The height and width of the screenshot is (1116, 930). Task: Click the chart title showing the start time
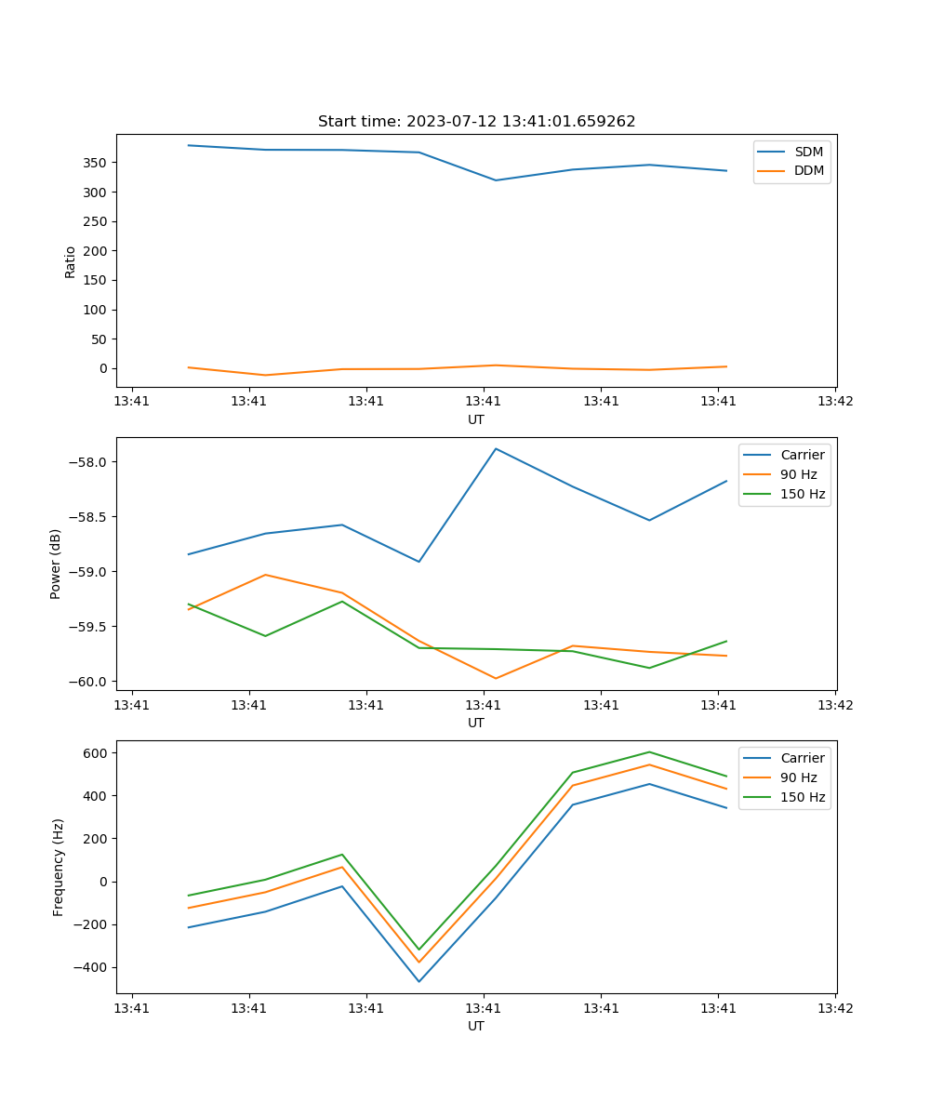[x=476, y=122]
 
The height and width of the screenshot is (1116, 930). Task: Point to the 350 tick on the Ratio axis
[x=96, y=163]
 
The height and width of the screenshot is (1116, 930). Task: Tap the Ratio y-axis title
[x=71, y=261]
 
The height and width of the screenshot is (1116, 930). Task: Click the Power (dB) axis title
[x=56, y=564]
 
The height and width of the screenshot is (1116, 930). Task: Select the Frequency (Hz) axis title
[x=59, y=867]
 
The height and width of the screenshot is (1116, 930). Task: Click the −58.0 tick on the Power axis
[x=90, y=462]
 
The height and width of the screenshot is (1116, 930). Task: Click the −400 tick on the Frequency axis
[x=93, y=967]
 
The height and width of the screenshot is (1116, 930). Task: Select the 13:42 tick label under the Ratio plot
[x=835, y=402]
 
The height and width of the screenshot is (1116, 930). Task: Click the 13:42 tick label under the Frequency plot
[x=835, y=1008]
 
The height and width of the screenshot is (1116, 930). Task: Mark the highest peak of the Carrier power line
[x=496, y=448]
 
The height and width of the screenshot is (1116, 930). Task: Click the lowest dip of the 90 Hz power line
[x=496, y=678]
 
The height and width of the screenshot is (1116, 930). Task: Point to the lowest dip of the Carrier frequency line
[x=418, y=981]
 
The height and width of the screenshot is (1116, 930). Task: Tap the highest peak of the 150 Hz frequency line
[x=649, y=751]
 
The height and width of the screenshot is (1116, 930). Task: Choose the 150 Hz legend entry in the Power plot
[x=803, y=495]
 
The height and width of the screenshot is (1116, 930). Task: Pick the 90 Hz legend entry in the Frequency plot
[x=799, y=777]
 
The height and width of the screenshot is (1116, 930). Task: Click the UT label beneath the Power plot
[x=476, y=723]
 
